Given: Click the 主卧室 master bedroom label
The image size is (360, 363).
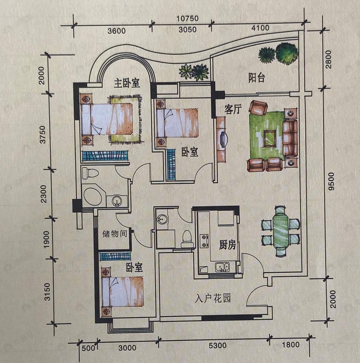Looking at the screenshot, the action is click(127, 83).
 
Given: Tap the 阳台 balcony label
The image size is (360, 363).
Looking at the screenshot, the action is click(257, 78).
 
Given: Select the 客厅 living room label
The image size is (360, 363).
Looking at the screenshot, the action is click(233, 109).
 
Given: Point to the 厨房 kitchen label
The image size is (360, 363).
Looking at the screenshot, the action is click(227, 245).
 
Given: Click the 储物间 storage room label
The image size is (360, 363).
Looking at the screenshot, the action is click(115, 234).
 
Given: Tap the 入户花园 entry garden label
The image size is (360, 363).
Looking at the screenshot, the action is click(213, 298).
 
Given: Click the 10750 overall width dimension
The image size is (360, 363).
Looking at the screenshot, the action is click(187, 19).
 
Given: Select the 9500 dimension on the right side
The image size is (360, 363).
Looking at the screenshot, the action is click(331, 181).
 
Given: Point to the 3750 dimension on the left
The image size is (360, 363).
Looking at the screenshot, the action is click(43, 135).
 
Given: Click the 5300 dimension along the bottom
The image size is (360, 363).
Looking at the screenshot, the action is click(218, 346).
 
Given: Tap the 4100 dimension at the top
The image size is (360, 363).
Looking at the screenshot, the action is click(260, 28).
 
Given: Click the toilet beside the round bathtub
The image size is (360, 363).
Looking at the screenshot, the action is click(90, 173).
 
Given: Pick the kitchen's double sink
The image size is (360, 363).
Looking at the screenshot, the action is click(222, 267).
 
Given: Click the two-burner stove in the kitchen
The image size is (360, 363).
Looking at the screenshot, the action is click(204, 241).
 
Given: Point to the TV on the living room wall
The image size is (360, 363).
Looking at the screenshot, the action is click(224, 139).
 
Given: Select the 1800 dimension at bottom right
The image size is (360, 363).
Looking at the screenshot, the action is click(290, 345).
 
